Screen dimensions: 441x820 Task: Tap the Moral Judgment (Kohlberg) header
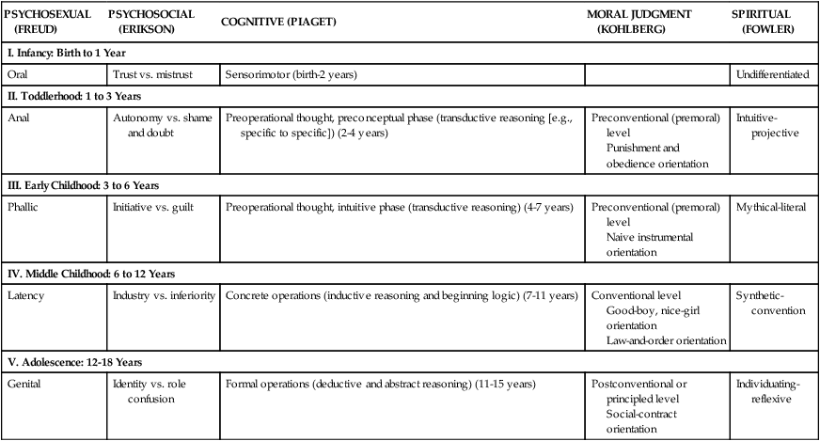pos(641,22)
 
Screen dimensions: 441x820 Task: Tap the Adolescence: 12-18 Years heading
pos(80,362)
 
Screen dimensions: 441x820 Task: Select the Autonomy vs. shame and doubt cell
pos(159,126)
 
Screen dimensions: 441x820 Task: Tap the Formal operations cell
pos(380,385)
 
